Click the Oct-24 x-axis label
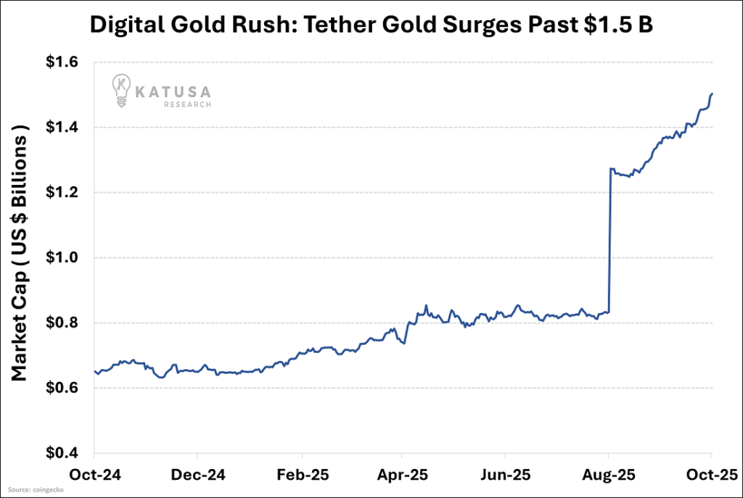pos(94,475)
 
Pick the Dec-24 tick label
pos(197,475)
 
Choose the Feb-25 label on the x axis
pos(300,475)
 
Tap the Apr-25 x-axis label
pos(403,475)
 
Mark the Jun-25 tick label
pos(505,475)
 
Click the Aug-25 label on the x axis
pos(608,475)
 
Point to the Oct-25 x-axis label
pos(711,475)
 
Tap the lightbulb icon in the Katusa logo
pos(120,91)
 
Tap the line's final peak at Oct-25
pos(712,94)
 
